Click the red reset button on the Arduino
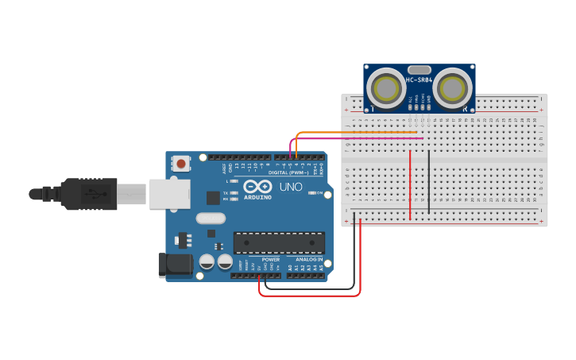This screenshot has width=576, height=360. [181, 165]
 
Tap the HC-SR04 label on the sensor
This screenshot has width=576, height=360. [419, 80]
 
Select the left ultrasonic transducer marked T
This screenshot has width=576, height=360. [387, 86]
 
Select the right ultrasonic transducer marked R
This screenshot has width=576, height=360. [454, 86]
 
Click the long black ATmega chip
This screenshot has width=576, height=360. [279, 242]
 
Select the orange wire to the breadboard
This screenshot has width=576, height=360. [358, 131]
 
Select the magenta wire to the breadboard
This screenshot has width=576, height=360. [358, 138]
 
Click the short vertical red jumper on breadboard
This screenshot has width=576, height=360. [410, 185]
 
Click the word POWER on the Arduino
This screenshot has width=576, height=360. [271, 260]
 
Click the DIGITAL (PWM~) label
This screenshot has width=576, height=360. [288, 172]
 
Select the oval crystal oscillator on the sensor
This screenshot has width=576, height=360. [419, 69]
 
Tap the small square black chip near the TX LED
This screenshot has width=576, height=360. [213, 198]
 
